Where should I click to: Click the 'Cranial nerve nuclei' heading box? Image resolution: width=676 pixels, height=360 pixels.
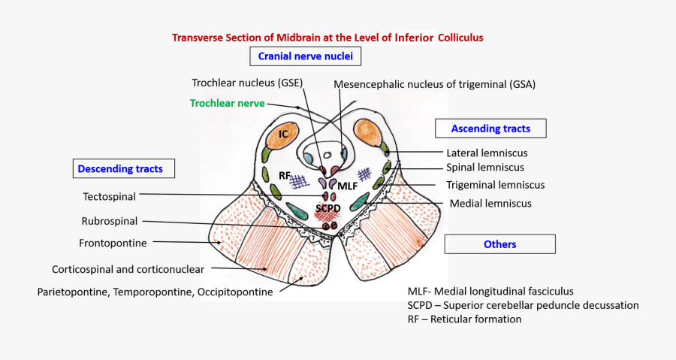tap(306, 56)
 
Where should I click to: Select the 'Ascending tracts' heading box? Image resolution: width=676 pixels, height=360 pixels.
tap(490, 129)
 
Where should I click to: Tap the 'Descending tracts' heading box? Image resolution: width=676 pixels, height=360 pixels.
tap(120, 169)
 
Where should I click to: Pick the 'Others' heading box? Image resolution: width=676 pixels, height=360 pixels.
tap(499, 244)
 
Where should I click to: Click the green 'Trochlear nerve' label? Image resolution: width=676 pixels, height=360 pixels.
tap(227, 103)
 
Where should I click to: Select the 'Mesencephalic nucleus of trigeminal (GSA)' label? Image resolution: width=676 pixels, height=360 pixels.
tap(435, 84)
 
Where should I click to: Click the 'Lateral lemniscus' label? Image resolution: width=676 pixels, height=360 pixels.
tap(487, 153)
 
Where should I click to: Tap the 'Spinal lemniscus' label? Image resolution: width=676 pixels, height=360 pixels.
tap(485, 168)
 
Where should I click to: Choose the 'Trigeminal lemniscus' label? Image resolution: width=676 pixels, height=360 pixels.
tap(495, 184)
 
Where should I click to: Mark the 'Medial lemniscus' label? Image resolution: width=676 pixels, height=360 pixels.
tap(490, 203)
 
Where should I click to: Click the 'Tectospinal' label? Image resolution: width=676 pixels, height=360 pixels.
tap(109, 196)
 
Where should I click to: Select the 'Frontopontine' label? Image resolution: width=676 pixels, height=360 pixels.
tap(113, 243)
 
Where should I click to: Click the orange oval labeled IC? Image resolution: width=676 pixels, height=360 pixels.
tap(284, 134)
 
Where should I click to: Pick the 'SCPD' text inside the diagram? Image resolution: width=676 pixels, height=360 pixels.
tap(329, 207)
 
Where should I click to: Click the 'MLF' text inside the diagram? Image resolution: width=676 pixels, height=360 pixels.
tap(348, 185)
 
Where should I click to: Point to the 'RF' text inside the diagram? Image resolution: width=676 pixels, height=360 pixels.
tap(285, 175)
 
